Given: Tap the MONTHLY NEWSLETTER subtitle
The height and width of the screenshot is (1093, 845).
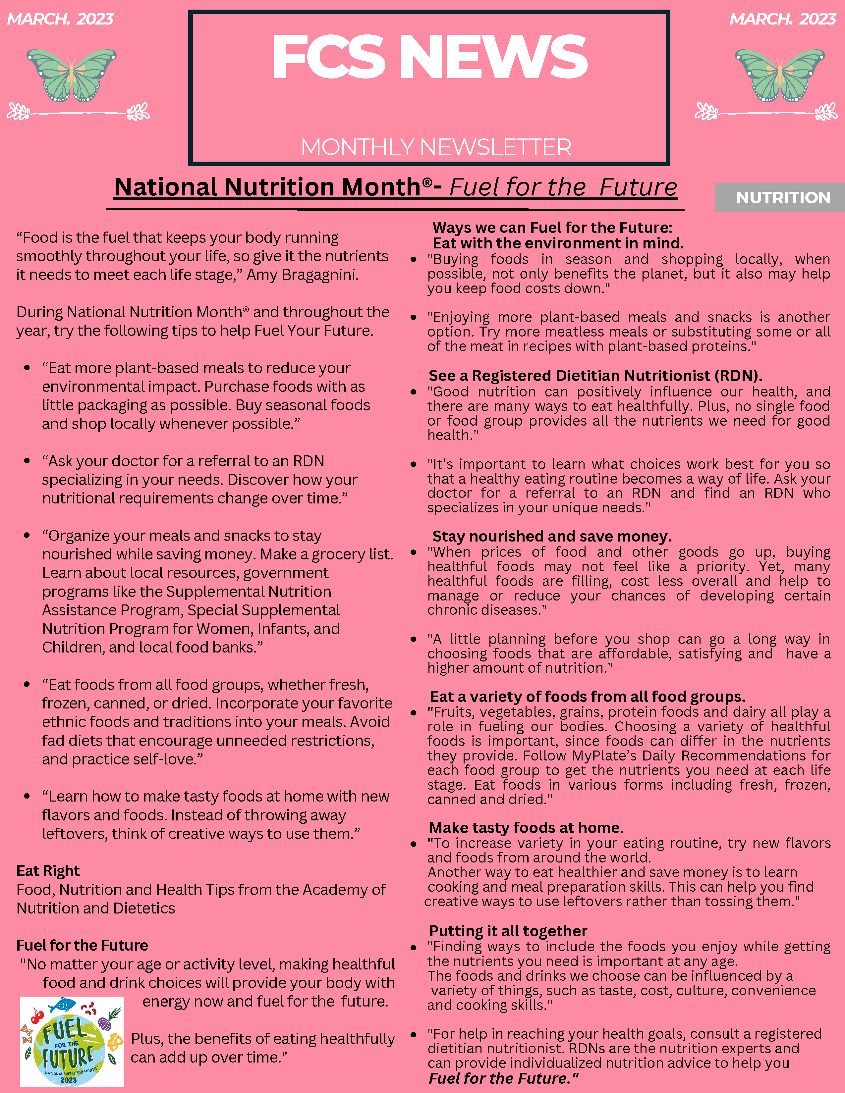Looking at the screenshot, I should (x=435, y=147).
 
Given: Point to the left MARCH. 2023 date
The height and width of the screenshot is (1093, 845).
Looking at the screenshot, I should (x=60, y=19).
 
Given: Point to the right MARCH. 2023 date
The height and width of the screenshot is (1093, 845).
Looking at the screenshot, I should (x=782, y=19).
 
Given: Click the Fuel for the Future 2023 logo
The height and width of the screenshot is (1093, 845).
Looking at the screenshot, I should (x=72, y=1041).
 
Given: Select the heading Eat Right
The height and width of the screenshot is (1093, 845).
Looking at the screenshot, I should (x=48, y=871).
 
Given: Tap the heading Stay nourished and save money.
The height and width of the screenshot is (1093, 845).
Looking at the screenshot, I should (x=552, y=537).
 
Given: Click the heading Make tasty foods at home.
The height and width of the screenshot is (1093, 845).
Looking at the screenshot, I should (x=527, y=828).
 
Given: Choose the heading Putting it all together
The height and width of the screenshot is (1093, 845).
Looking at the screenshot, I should (x=508, y=931).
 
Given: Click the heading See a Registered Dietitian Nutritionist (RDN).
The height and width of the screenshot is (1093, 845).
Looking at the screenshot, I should (x=595, y=376).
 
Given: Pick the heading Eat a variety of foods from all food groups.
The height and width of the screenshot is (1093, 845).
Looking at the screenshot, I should (x=588, y=697).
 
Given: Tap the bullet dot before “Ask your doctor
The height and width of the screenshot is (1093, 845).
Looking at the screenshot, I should (x=27, y=461).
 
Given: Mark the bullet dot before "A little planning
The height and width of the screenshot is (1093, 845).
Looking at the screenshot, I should (x=414, y=640).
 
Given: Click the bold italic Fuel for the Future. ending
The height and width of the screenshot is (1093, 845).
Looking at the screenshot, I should (x=503, y=1078).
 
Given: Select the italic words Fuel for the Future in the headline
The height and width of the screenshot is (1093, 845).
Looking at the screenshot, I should (x=563, y=187).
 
